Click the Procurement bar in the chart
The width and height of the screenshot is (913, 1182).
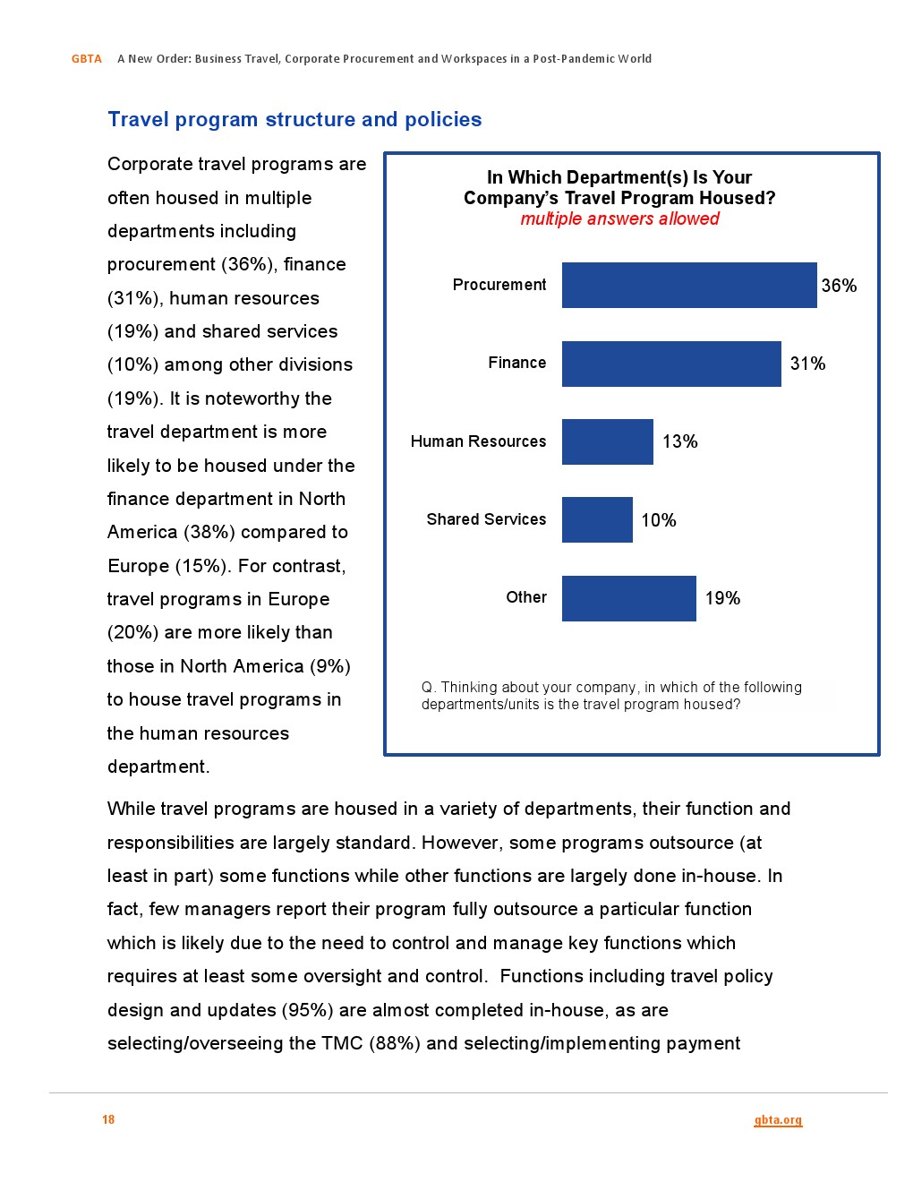[689, 285]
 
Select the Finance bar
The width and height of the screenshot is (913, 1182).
[671, 364]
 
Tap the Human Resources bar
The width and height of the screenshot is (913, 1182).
[608, 441]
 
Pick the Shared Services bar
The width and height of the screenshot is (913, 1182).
[597, 520]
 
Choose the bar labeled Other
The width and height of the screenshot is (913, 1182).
[629, 598]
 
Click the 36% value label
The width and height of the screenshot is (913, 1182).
[839, 286]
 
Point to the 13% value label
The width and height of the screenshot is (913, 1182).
[679, 441]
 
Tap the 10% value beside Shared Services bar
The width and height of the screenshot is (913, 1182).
[659, 520]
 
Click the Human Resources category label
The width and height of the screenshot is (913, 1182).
[478, 441]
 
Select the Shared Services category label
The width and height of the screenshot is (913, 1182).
[486, 519]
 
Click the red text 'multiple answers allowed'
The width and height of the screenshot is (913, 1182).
[619, 218]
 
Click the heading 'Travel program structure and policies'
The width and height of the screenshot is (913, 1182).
[294, 119]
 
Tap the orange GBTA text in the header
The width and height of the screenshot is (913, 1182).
[87, 59]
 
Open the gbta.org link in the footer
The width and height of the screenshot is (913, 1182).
[778, 1120]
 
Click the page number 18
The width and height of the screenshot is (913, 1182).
[108, 1119]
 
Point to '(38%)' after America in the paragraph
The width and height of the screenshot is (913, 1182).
[209, 532]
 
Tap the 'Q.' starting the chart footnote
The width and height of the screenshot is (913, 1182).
[428, 688]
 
